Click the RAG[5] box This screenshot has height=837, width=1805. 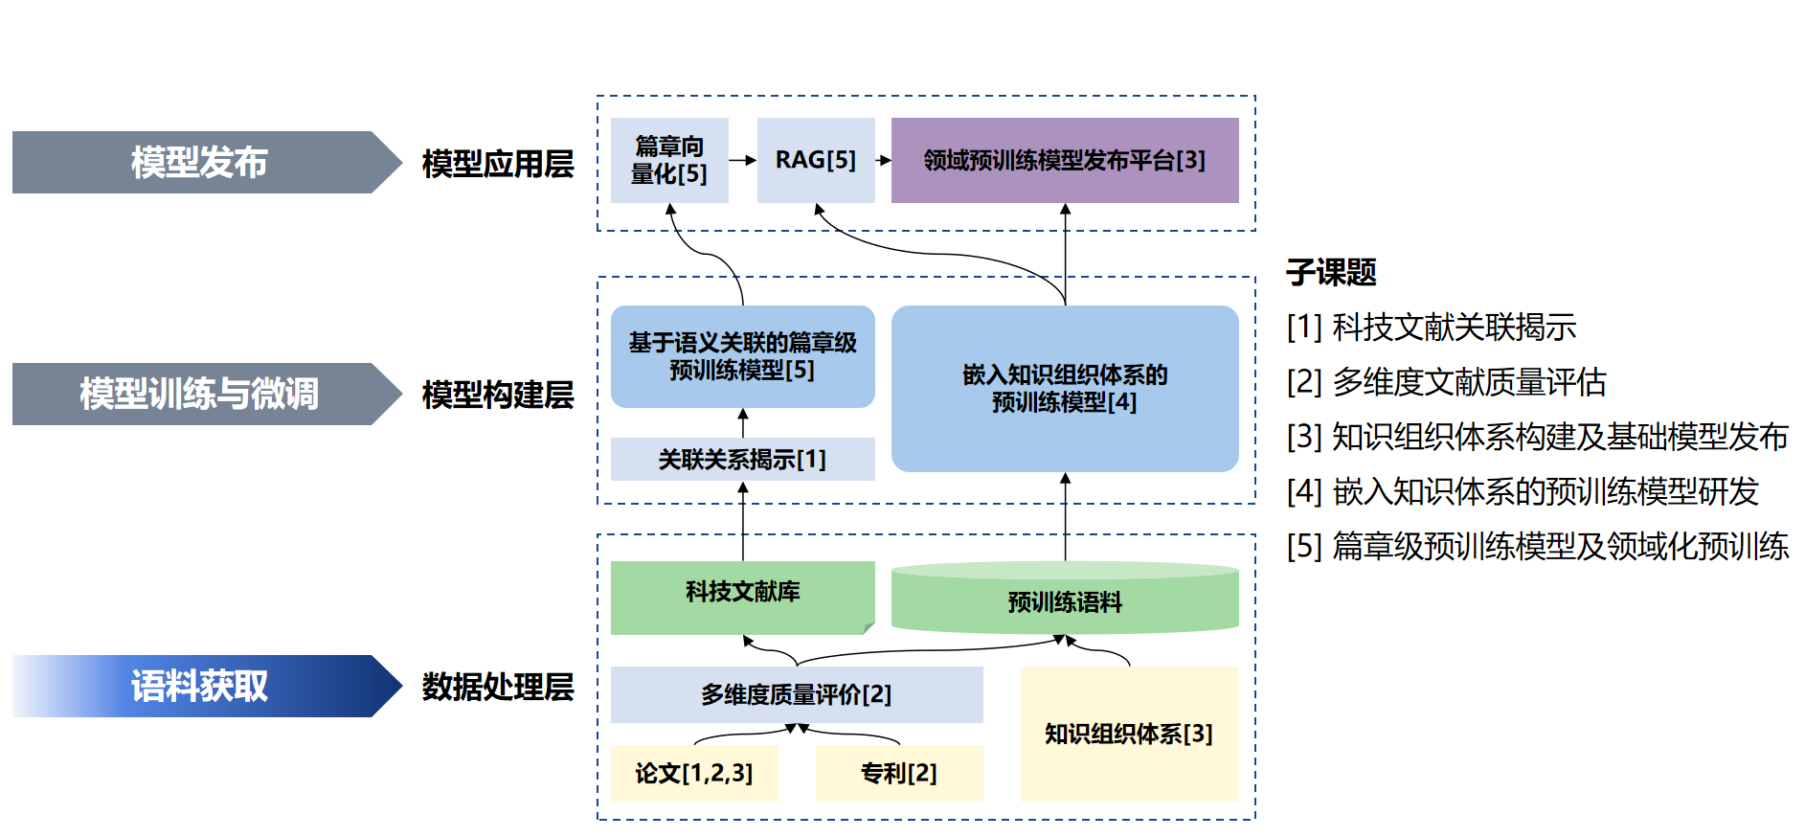816,160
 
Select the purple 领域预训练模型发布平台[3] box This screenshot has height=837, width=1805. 1064,160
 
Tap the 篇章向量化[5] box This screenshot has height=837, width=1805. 669,160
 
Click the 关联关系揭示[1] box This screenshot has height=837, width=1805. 742,459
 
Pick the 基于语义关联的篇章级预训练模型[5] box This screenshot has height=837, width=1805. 742,356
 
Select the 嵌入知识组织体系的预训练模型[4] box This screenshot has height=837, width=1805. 1064,388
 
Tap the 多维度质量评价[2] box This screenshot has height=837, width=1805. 796,694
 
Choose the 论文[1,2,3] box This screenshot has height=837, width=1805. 694,772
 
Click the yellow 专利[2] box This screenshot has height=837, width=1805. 898,772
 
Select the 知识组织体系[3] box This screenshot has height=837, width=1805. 1129,734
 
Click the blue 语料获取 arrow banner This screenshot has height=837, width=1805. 199,686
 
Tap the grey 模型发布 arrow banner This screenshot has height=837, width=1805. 199,162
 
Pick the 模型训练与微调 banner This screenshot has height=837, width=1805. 199,394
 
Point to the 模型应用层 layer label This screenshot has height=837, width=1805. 498,164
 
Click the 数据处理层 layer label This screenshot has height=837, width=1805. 498,687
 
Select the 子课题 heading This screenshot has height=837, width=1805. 1331,273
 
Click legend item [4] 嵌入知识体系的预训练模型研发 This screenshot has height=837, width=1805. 1523,491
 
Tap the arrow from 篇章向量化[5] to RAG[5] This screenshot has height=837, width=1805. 743,160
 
